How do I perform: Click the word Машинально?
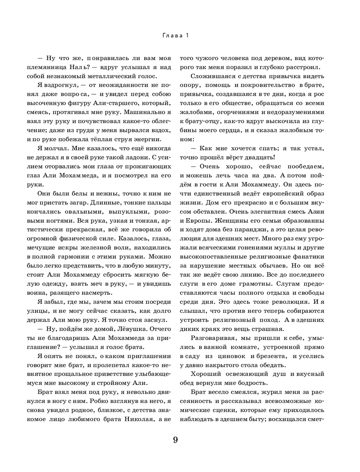tap(141, 103)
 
